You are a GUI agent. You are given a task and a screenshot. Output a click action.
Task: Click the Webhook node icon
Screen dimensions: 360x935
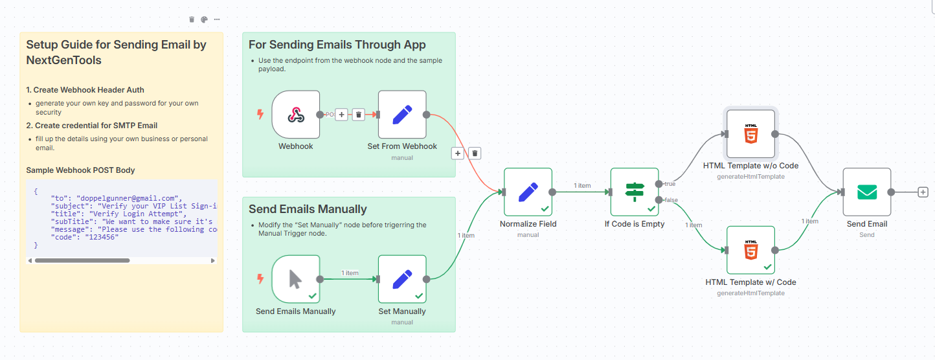[x=296, y=115]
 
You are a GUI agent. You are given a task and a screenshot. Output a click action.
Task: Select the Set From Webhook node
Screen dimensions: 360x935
[x=402, y=115]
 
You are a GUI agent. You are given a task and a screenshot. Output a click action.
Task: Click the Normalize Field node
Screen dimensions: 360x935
[x=528, y=192]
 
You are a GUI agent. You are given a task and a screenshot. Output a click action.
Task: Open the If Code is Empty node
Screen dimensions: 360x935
[x=635, y=192]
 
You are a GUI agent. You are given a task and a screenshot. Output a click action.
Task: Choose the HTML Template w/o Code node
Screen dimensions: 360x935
[x=750, y=134]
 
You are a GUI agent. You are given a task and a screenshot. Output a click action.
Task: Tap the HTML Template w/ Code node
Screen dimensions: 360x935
[x=750, y=250]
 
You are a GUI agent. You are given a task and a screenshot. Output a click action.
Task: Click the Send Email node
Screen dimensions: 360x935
[x=866, y=192]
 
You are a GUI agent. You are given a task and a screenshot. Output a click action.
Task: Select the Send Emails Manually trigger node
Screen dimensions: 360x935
[x=296, y=279]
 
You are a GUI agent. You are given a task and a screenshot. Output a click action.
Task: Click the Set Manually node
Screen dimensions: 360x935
[x=402, y=279]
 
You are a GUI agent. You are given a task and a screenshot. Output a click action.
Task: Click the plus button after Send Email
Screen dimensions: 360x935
[x=923, y=192]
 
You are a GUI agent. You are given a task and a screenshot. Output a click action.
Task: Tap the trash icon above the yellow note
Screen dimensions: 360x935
[x=192, y=19]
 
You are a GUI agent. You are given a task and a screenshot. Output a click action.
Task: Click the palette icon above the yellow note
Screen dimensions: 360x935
[x=204, y=19]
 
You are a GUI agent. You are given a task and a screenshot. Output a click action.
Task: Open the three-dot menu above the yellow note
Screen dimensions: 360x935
[x=217, y=19]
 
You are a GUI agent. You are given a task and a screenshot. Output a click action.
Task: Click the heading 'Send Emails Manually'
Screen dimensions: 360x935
[x=308, y=209]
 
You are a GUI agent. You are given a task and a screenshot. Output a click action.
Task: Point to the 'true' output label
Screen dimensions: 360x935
[x=670, y=184]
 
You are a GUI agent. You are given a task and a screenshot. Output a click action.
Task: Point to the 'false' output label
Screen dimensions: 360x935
[x=671, y=200]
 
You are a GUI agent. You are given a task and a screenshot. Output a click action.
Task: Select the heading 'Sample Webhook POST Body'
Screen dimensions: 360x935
[x=80, y=170]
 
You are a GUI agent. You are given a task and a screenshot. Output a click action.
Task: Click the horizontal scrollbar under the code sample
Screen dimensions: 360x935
[x=82, y=260]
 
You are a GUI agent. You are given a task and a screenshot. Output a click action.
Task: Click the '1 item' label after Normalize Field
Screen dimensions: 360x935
[x=582, y=186]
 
